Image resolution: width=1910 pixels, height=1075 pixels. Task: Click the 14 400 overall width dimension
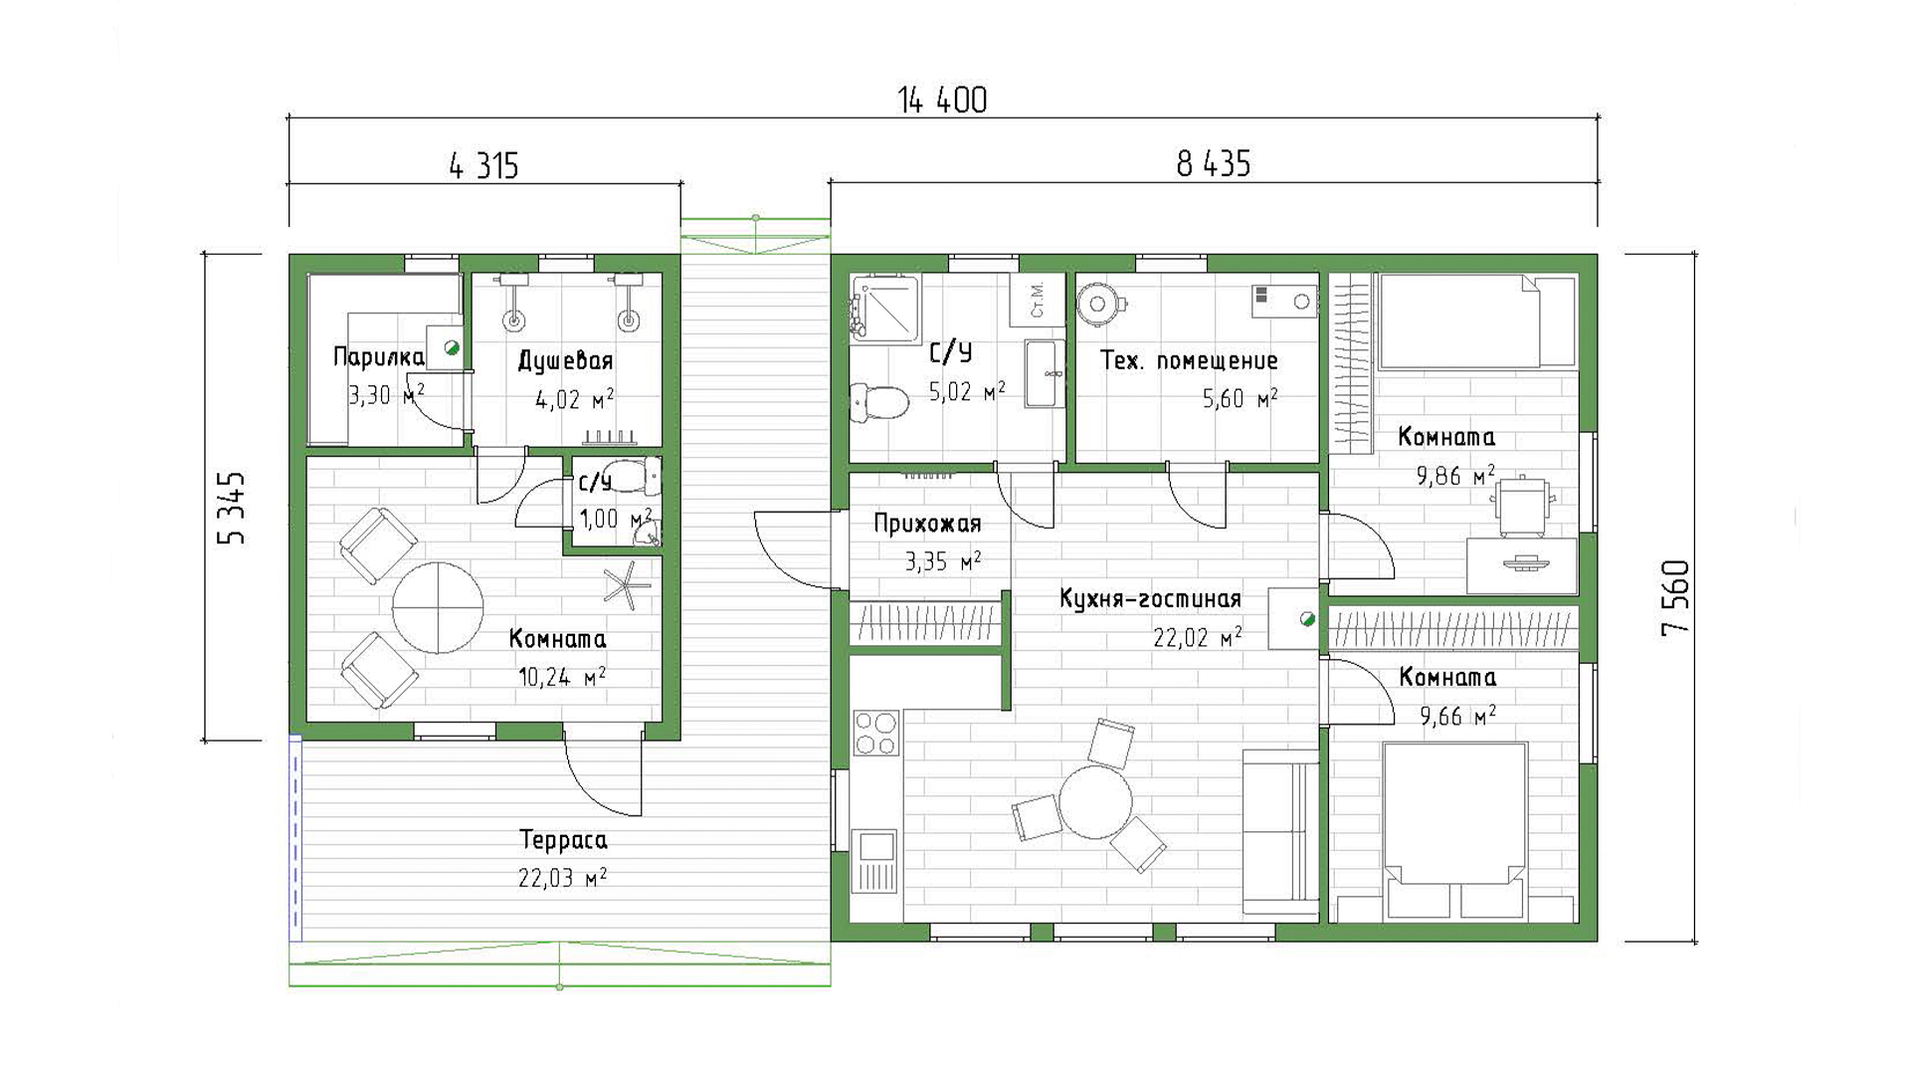(x=942, y=101)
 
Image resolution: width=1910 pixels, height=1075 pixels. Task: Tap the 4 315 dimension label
(x=484, y=165)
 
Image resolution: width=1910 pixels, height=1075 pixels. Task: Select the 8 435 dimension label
(x=1214, y=163)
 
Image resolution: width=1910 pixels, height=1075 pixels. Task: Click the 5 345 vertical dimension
(x=231, y=508)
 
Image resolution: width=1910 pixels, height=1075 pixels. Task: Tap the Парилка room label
(x=378, y=356)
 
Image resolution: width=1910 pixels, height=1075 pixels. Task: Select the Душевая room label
(x=566, y=361)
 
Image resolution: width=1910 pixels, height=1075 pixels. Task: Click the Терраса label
(x=563, y=840)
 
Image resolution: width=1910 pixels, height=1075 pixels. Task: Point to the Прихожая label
(x=927, y=524)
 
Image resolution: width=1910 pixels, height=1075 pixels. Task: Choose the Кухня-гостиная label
(x=1150, y=599)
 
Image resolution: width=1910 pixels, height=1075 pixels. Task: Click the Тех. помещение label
(x=1189, y=360)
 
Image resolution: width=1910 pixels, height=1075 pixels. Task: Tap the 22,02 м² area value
(x=1197, y=637)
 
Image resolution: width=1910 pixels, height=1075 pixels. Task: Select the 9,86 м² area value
(x=1455, y=476)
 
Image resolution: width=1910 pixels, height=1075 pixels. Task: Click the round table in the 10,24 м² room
(x=438, y=607)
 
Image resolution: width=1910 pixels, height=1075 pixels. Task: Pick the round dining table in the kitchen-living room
(x=1095, y=803)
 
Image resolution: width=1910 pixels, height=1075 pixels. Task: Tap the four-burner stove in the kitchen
(x=876, y=733)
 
